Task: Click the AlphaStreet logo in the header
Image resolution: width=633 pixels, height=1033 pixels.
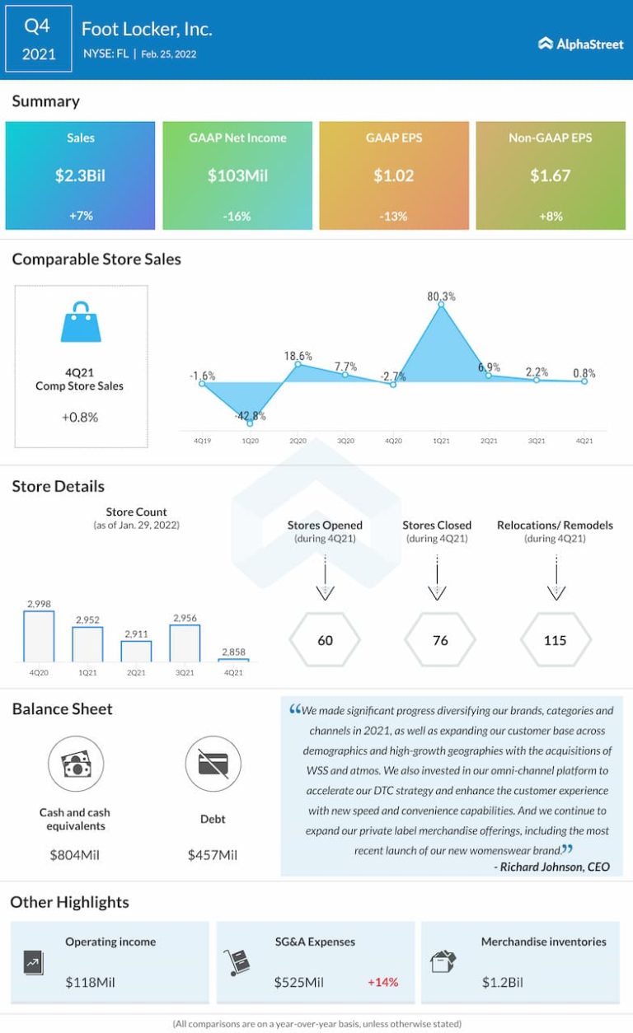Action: click(x=581, y=44)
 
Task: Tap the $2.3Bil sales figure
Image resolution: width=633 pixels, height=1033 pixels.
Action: click(x=80, y=175)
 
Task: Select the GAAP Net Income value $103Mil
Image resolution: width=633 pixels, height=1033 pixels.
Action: click(x=237, y=175)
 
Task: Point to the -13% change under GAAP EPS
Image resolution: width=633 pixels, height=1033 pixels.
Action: click(x=393, y=216)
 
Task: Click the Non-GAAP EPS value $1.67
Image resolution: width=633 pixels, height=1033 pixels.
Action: click(x=550, y=175)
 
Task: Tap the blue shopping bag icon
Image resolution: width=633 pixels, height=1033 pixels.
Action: click(x=81, y=322)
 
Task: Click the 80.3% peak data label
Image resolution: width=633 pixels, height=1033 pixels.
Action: click(x=442, y=297)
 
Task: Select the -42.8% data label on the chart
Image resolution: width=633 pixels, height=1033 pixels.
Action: click(x=250, y=416)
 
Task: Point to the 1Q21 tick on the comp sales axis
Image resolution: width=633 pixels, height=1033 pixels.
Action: click(x=441, y=442)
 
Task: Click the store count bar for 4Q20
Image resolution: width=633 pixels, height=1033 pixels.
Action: click(x=39, y=636)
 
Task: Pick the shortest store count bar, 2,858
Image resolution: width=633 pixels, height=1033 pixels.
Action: click(x=233, y=659)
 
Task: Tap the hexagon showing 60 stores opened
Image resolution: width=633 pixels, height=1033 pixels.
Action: click(x=326, y=640)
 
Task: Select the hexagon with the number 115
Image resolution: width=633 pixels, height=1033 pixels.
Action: click(x=556, y=640)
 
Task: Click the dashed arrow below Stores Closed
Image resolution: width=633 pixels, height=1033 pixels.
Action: click(x=437, y=577)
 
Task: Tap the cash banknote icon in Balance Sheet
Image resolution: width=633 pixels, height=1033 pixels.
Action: click(x=75, y=764)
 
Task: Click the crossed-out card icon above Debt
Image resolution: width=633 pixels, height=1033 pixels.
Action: click(x=213, y=764)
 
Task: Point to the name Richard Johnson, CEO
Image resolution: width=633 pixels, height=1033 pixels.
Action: click(x=552, y=867)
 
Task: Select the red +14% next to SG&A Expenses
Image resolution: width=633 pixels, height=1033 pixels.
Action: click(x=382, y=982)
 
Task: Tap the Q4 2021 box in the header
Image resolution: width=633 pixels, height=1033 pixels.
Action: click(x=37, y=40)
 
